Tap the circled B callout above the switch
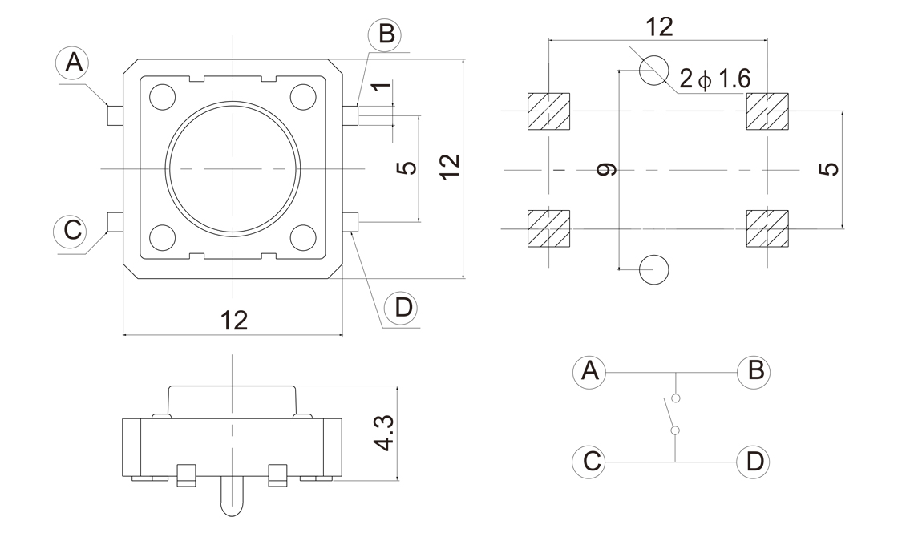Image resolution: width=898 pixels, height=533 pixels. [385, 34]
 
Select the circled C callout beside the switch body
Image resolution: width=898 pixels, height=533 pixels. [71, 230]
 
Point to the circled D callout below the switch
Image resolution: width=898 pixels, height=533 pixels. [401, 308]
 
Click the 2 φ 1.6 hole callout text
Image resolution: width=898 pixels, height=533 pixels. [714, 79]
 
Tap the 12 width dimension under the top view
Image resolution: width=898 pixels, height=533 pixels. [233, 321]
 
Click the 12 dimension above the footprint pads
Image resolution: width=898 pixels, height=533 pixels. [659, 26]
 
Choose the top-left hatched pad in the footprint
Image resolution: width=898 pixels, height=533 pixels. [548, 111]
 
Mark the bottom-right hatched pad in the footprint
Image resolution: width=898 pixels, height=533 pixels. [767, 228]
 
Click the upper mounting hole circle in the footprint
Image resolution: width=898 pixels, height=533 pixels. [654, 70]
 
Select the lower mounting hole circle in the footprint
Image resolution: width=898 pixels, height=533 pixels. [654, 270]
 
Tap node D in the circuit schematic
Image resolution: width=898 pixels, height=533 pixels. [754, 461]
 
